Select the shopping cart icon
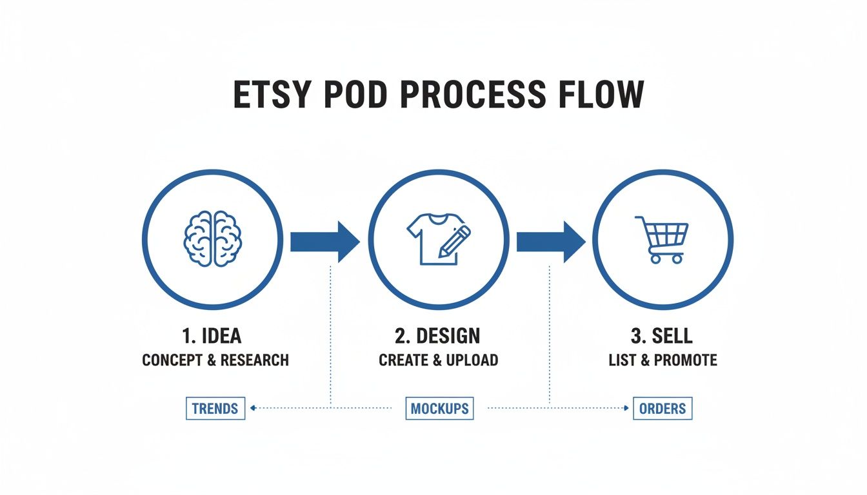[x=663, y=239]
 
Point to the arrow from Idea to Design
[x=324, y=241]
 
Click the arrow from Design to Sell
[x=550, y=241]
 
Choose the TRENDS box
[x=215, y=408]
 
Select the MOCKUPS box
[x=439, y=408]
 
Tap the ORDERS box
[x=663, y=408]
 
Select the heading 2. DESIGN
[x=438, y=336]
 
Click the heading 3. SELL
[x=663, y=336]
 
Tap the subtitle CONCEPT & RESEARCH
[x=215, y=360]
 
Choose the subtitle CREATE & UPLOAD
[x=438, y=360]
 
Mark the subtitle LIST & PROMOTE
[x=663, y=360]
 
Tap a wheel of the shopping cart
[x=655, y=258]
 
